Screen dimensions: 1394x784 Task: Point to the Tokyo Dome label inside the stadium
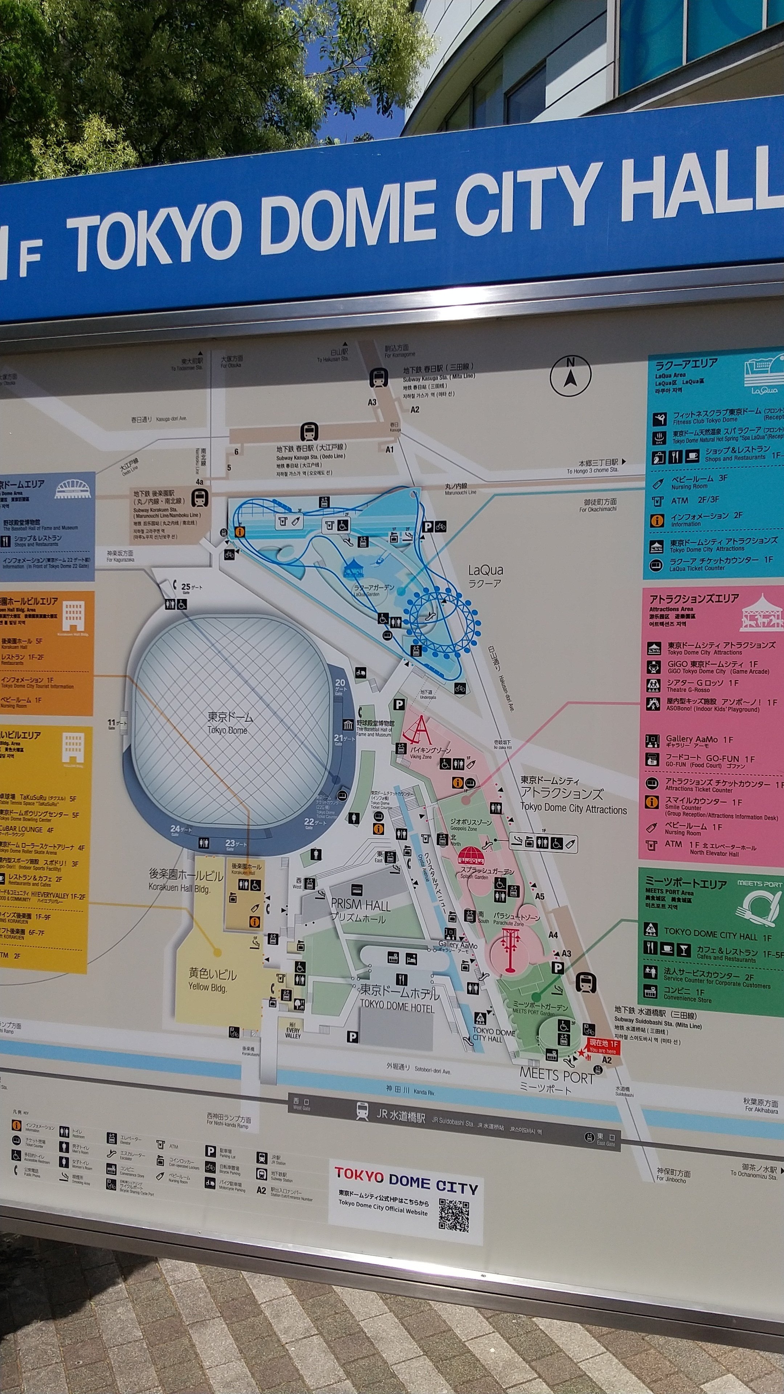tap(228, 723)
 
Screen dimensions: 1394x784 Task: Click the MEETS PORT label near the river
tap(556, 1077)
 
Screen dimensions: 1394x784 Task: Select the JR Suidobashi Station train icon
tap(362, 1112)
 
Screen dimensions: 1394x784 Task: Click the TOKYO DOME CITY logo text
tap(405, 1180)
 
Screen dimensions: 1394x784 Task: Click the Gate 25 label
tap(191, 587)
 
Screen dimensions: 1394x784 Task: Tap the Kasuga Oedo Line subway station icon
tap(309, 432)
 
